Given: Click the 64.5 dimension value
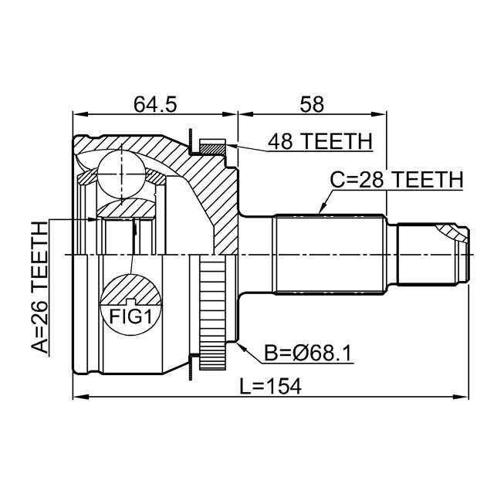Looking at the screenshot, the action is (155, 104).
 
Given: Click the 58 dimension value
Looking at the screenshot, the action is (312, 104).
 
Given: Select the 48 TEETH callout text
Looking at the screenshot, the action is (320, 141).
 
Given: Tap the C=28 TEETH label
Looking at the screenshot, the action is (396, 180).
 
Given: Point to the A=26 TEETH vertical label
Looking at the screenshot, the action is (40, 287).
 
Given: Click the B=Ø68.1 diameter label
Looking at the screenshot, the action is (308, 354).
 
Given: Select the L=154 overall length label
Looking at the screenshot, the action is (270, 386).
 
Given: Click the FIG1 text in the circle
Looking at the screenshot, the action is (130, 316).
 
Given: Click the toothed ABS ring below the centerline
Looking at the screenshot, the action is (213, 312).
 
